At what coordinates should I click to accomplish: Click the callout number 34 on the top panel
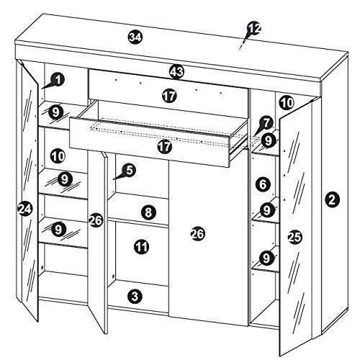[x=135, y=37]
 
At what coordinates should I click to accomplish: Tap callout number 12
[x=254, y=29]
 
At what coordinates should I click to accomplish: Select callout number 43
[x=176, y=71]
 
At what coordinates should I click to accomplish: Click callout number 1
[x=58, y=80]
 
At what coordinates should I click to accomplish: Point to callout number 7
[x=266, y=123]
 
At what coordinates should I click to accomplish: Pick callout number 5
[x=129, y=170]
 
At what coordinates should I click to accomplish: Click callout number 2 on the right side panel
[x=332, y=199]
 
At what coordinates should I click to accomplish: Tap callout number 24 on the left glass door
[x=25, y=208]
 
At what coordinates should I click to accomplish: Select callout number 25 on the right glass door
[x=295, y=237]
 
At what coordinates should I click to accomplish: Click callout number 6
[x=263, y=184]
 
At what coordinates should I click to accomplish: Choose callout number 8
[x=148, y=212]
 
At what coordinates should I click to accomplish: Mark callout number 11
[x=142, y=246]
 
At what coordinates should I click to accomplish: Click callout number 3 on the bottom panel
[x=135, y=296]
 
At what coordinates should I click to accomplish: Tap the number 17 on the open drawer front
[x=165, y=146]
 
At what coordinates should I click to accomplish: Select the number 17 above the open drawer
[x=169, y=96]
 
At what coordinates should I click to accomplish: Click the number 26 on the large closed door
[x=198, y=234]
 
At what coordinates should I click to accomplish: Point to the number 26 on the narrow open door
[x=96, y=220]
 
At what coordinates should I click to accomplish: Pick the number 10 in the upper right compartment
[x=287, y=103]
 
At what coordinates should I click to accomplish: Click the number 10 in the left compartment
[x=58, y=156]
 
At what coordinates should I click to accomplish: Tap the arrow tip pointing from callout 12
[x=239, y=50]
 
